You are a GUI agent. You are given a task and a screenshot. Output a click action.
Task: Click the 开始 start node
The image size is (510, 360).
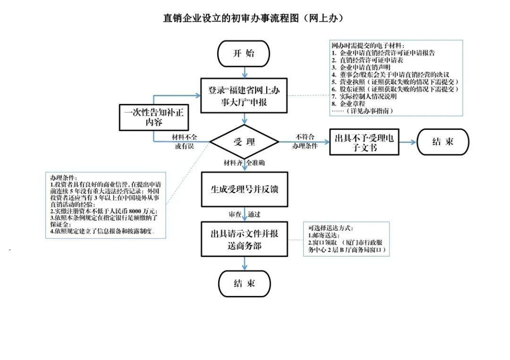(x=244, y=53)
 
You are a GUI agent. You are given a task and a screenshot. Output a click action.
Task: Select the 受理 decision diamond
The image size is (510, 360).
(x=244, y=142)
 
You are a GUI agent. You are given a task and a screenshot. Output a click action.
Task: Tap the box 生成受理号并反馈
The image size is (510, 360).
(x=244, y=189)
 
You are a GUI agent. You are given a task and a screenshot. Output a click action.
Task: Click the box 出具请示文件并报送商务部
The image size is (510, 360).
(x=244, y=239)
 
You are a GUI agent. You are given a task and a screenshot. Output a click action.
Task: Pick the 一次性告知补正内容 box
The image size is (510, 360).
(x=154, y=117)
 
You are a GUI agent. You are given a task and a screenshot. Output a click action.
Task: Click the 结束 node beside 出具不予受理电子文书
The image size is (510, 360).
(x=442, y=142)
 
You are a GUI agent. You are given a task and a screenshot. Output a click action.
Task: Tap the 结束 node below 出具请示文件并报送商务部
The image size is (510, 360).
(x=244, y=283)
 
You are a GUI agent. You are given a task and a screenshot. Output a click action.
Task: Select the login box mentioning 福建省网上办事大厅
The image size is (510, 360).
(x=244, y=95)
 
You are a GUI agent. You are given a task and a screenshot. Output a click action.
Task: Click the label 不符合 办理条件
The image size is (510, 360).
(x=304, y=141)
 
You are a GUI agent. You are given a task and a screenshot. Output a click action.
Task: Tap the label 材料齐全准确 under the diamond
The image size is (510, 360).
(x=244, y=163)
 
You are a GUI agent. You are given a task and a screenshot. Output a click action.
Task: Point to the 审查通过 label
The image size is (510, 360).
(x=244, y=214)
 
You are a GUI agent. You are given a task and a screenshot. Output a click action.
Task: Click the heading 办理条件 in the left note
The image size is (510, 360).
(x=63, y=177)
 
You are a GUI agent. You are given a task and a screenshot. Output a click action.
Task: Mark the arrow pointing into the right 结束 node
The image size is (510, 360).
(x=406, y=142)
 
